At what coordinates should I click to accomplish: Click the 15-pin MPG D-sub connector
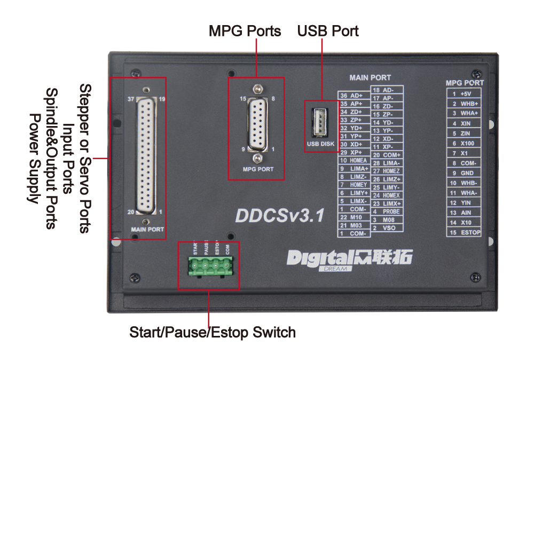point(257,124)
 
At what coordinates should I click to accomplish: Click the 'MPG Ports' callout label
point(245,31)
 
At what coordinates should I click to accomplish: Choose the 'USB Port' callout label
point(328,31)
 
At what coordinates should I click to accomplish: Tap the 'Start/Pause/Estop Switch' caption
point(213,333)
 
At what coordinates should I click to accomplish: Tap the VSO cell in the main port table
point(389,228)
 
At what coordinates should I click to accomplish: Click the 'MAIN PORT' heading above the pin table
point(370,78)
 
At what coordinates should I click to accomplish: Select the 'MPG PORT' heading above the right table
point(465,83)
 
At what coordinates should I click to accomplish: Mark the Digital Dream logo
point(350,259)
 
